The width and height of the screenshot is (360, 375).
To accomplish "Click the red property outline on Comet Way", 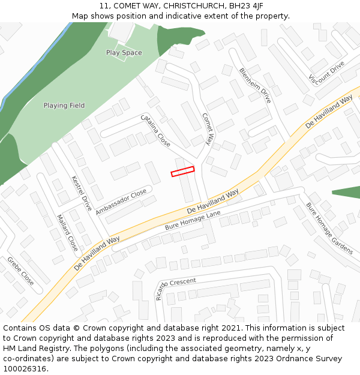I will coord(183,172).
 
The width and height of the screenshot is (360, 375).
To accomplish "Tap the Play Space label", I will coord(124,53).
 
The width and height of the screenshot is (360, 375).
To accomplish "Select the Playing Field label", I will coord(64,106).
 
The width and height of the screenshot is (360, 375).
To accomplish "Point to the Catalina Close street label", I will coord(156,131).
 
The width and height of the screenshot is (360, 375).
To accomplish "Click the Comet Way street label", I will coord(208,129).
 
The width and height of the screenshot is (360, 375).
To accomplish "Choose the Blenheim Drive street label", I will coord(255,85).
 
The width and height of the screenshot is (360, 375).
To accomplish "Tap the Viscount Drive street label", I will coord(327,72).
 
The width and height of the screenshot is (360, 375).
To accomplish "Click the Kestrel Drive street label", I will coord(82,193).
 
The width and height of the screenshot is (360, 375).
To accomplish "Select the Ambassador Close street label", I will coord(121,202).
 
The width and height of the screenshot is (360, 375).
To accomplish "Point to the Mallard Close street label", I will coord(67,232).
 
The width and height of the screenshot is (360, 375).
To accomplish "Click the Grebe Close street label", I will coord(20,271).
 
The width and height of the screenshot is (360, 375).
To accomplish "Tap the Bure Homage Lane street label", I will coord(193,221).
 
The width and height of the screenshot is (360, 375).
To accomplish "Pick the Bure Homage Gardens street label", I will coord(329,227).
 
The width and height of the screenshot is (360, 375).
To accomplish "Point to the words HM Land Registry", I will coord(34,348).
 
